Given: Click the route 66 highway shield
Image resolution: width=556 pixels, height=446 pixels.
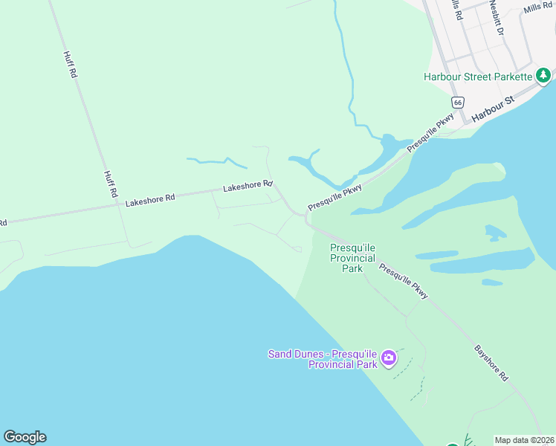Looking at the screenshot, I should [x=457, y=101].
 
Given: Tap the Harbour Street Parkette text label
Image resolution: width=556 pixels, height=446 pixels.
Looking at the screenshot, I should [x=478, y=77].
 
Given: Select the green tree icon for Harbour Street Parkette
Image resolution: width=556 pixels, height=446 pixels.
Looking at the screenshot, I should [x=544, y=75].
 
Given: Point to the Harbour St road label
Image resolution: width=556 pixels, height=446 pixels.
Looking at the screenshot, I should [x=493, y=108].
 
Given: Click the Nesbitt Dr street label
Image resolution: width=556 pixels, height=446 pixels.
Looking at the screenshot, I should [x=497, y=18].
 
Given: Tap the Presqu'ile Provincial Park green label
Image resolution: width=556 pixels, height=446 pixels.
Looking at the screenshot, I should [x=352, y=257].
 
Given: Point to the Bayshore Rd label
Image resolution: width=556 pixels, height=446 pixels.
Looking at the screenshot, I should [x=491, y=363].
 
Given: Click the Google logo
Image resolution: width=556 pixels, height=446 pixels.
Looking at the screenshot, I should [x=25, y=437].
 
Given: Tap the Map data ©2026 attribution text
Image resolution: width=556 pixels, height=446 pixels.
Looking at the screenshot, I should [x=524, y=440].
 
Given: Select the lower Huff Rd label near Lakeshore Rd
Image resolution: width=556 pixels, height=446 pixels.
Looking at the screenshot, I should [x=110, y=184].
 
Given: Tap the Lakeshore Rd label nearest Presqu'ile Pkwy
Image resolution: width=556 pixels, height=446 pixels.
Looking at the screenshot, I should [x=248, y=185].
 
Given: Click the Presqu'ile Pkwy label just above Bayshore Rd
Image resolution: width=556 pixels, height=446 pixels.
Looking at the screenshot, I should [x=404, y=281].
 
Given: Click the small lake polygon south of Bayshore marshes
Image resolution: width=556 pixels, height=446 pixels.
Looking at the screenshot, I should [x=491, y=282].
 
